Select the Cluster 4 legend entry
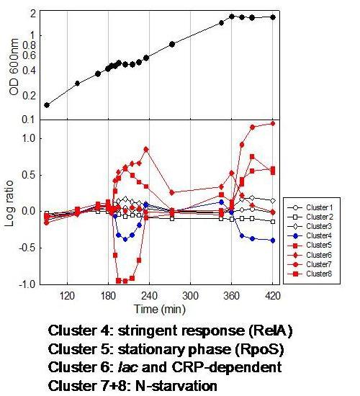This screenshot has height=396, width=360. pos(317,235)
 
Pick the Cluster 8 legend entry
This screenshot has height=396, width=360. pos(317,274)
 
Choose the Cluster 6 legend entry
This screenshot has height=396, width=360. pos(317,254)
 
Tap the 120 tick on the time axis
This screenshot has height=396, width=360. pos(67,295)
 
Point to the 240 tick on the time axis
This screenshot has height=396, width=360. pos(150,295)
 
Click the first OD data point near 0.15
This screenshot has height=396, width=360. pos(47,105)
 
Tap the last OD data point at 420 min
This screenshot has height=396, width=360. pos(273,17)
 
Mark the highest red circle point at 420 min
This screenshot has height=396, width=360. pos(273,123)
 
